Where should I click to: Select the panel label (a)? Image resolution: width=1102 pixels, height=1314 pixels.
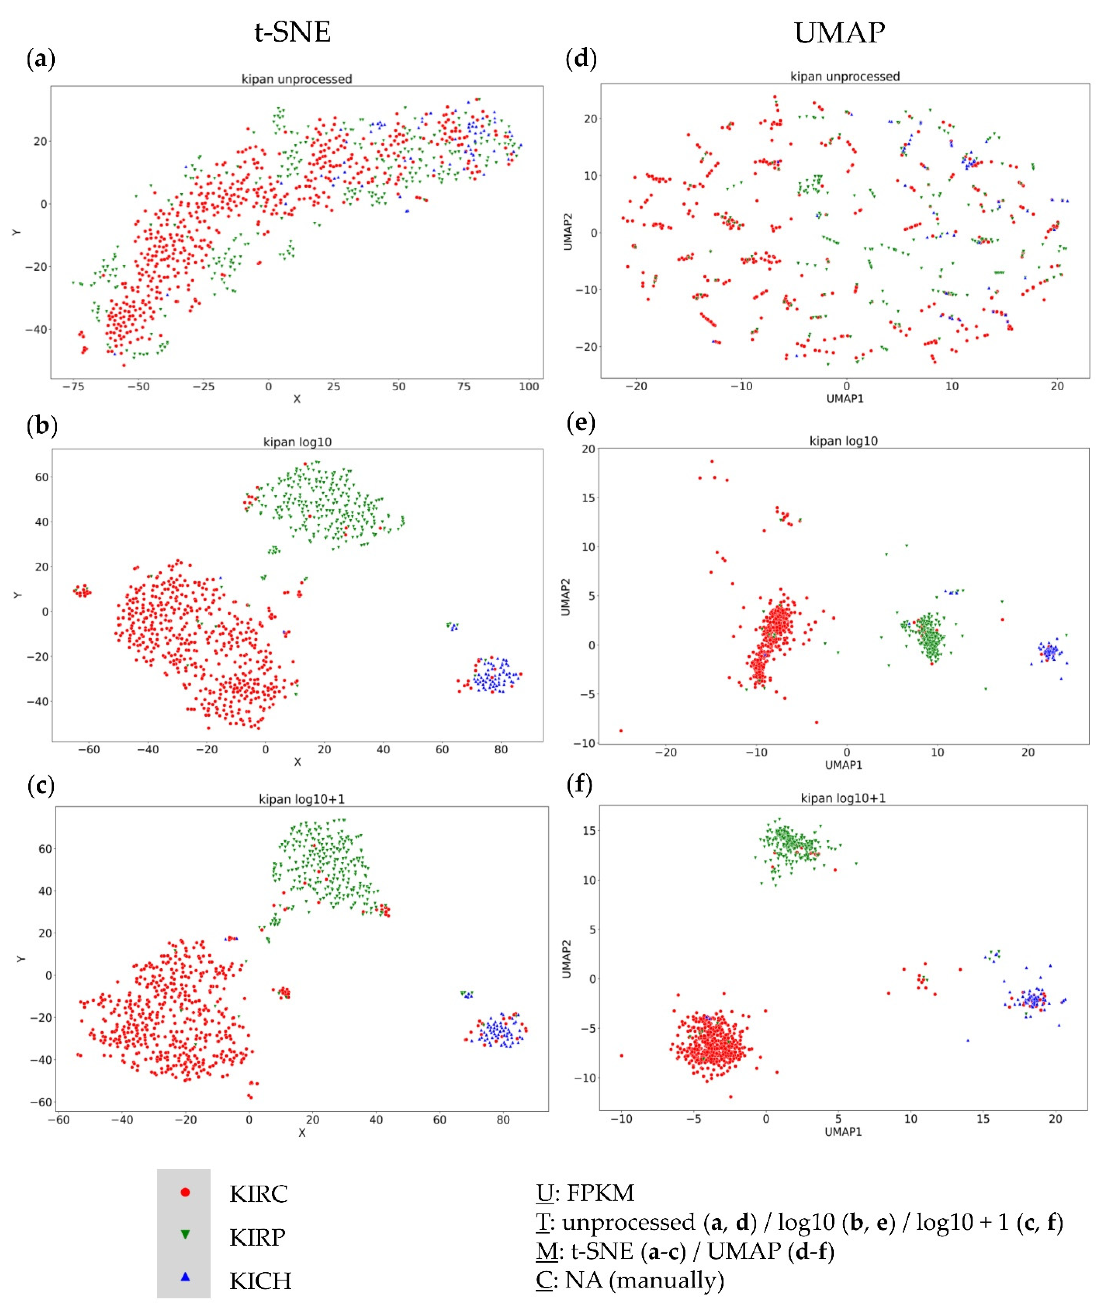(41, 60)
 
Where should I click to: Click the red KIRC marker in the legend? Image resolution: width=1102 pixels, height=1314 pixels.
(185, 1192)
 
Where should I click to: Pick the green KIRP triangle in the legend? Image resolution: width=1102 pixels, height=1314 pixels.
(185, 1234)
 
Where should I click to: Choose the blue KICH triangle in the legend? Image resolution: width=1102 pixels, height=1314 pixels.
(185, 1276)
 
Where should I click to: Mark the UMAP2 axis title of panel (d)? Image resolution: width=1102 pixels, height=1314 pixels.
(568, 231)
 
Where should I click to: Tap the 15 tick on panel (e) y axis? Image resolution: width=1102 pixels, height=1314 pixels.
(588, 498)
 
